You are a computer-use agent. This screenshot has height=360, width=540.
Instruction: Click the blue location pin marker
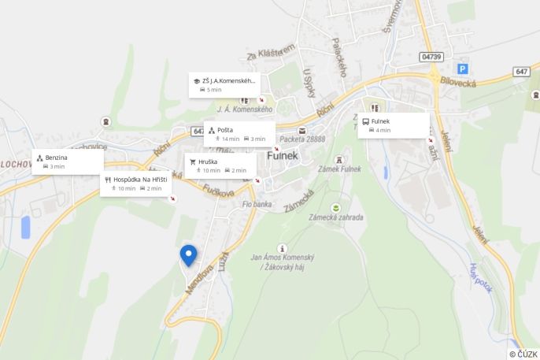pos(188,255)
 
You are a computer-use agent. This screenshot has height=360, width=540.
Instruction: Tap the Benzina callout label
pos(68,161)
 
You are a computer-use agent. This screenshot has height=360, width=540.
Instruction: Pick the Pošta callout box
pos(239,133)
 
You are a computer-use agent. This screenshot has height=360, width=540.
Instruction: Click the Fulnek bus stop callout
pos(394,125)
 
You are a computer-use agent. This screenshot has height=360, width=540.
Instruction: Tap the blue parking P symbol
pos(462,69)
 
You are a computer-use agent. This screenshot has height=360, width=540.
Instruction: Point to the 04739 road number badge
pos(432,57)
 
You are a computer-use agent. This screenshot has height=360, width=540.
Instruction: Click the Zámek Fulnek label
pos(339,169)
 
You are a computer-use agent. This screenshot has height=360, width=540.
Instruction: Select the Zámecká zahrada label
pos(336,217)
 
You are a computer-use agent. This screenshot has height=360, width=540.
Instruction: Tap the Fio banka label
pos(257,205)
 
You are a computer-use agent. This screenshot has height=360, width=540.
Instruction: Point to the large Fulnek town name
pos(283,155)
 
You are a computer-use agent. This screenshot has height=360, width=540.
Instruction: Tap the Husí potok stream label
pos(480,277)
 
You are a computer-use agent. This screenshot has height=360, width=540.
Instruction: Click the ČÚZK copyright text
pos(523,354)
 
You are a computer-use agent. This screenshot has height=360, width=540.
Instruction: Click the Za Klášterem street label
pos(270,52)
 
